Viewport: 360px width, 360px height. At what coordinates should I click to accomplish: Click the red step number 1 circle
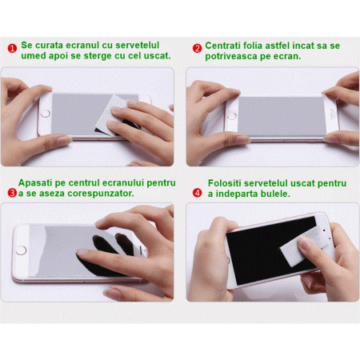(x=12, y=49)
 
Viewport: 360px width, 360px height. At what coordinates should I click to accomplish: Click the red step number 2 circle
(x=197, y=49)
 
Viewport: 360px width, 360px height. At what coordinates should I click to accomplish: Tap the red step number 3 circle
(x=12, y=193)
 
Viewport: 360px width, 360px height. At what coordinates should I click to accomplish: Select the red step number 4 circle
(x=197, y=193)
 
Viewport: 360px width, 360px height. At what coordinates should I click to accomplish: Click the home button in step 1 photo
(x=46, y=114)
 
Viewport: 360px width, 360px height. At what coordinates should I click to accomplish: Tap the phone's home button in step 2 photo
(x=231, y=116)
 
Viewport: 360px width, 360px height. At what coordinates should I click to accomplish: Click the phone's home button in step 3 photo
(x=21, y=250)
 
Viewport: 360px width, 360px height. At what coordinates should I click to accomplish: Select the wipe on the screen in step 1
(x=111, y=115)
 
